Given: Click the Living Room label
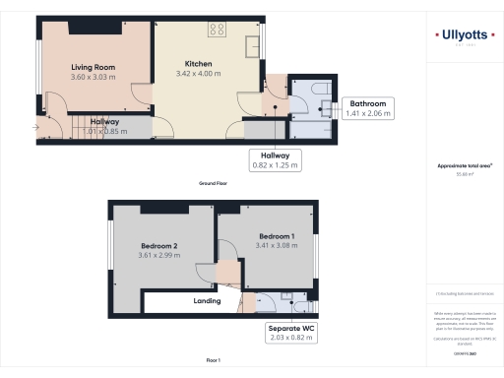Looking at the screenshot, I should [93, 67].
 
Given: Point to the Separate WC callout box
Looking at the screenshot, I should [292, 333].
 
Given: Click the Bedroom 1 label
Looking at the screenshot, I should [276, 237].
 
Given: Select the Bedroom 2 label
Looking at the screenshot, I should [158, 245].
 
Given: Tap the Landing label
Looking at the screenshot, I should [207, 301].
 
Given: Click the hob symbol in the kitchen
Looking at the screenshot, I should [217, 29].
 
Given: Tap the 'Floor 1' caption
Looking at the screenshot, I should [212, 361].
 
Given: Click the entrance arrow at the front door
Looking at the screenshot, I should [37, 125].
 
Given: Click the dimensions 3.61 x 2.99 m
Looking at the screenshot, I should [158, 256].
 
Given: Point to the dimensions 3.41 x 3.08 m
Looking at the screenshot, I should [276, 247].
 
